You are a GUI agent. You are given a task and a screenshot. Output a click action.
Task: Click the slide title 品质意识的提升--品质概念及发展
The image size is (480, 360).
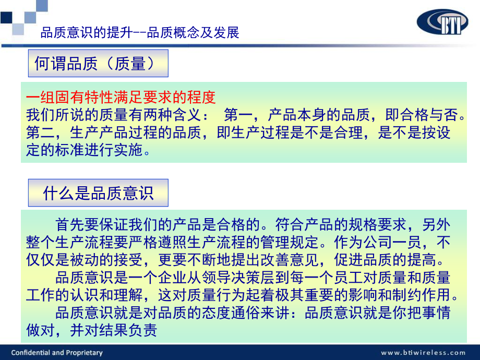click(140, 33)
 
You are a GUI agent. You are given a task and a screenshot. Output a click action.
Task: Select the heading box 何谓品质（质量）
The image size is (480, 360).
click(98, 64)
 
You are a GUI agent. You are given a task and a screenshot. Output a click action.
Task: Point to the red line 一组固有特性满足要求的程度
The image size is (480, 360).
click(121, 97)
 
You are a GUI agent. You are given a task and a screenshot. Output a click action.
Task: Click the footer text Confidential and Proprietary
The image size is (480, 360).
click(57, 353)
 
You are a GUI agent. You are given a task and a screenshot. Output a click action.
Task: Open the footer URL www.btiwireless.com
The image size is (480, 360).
click(423, 353)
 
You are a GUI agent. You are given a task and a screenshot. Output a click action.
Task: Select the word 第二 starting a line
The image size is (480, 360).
click(38, 133)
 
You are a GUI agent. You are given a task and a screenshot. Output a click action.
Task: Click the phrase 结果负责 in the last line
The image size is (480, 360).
click(133, 330)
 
